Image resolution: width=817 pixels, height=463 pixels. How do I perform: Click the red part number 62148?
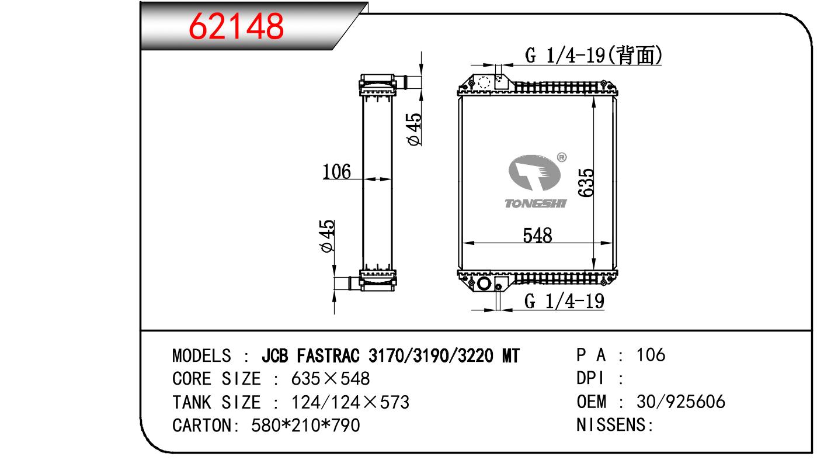point(237,26)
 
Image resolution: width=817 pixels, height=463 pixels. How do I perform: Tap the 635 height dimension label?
point(586,183)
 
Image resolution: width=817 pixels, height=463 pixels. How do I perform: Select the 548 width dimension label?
point(537,235)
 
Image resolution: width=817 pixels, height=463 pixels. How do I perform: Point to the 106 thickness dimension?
point(336,172)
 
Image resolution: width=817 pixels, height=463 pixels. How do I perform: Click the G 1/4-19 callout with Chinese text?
point(593,56)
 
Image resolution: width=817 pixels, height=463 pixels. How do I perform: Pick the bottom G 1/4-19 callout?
point(564,301)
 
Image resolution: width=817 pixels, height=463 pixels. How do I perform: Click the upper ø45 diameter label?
point(414,129)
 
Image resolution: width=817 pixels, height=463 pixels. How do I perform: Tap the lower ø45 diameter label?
point(326,236)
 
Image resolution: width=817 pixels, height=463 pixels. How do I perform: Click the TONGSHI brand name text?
point(536,203)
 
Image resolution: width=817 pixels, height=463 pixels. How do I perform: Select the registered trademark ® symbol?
point(562,157)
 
